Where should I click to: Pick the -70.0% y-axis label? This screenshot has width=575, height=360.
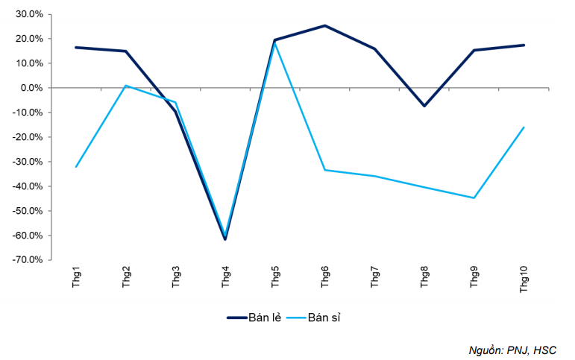pos(28,260)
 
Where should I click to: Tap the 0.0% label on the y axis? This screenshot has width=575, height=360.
pos(31,88)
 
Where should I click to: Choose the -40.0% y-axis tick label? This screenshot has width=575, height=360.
pos(28,186)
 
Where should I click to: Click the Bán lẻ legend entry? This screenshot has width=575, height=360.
pos(254,318)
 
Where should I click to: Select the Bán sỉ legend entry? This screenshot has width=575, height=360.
pos(318,318)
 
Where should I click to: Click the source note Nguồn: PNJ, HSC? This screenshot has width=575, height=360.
pos(512,349)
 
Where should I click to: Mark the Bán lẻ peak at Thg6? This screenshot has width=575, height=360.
pos(325,25)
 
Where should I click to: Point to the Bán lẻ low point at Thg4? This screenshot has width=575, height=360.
pos(225,239)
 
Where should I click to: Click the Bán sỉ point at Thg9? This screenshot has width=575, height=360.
pos(474,198)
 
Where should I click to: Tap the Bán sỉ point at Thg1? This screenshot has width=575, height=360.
pos(76,167)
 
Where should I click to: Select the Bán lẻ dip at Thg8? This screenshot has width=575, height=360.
pos(424,106)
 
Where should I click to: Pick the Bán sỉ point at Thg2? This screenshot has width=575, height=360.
pos(126,86)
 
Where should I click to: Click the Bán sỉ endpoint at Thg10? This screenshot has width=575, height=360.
pos(524,127)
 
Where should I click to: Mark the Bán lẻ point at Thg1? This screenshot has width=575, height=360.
pos(76,48)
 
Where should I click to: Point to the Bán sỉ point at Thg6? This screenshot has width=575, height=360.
pos(325,170)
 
